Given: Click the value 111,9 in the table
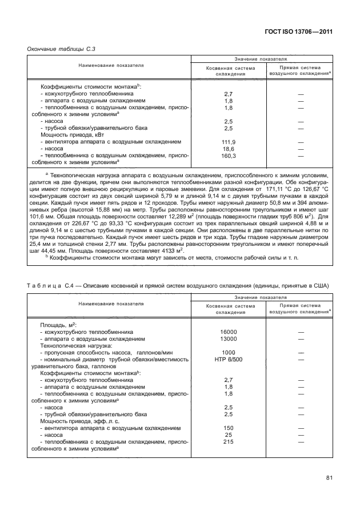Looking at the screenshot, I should [x=229, y=142].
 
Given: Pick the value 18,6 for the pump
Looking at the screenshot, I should [x=229, y=148].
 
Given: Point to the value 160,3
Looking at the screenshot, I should [x=229, y=155].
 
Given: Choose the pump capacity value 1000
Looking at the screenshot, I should [x=229, y=352].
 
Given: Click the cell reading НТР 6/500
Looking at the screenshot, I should [x=229, y=359].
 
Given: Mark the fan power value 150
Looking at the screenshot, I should [x=229, y=427].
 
